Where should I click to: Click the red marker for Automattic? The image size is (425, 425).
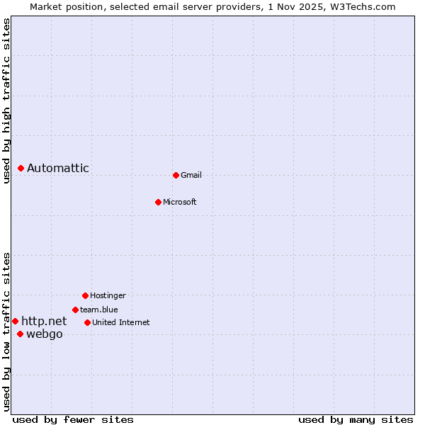[21, 168]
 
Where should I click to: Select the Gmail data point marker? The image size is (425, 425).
[176, 175]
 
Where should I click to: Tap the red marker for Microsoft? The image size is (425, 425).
[158, 202]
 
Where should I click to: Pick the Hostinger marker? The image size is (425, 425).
[85, 295]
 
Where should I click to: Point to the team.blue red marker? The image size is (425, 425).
[75, 310]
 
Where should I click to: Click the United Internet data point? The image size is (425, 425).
[87, 322]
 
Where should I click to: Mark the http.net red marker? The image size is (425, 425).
[15, 321]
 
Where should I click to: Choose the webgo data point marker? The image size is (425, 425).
[20, 334]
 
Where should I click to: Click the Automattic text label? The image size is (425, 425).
[58, 168]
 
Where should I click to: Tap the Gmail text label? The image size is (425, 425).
[191, 175]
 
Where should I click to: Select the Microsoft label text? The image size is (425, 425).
[180, 202]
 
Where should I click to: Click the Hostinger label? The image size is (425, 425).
[108, 295]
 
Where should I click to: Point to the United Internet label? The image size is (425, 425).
[121, 322]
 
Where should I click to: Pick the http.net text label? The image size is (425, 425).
[44, 321]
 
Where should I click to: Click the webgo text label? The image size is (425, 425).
[45, 334]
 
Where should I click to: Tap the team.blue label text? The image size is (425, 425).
[99, 310]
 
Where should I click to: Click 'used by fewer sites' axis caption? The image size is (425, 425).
[73, 419]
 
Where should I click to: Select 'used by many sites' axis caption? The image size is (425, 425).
[356, 419]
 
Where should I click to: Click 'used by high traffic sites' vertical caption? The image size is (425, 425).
[6, 101]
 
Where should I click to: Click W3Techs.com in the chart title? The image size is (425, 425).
[362, 6]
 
